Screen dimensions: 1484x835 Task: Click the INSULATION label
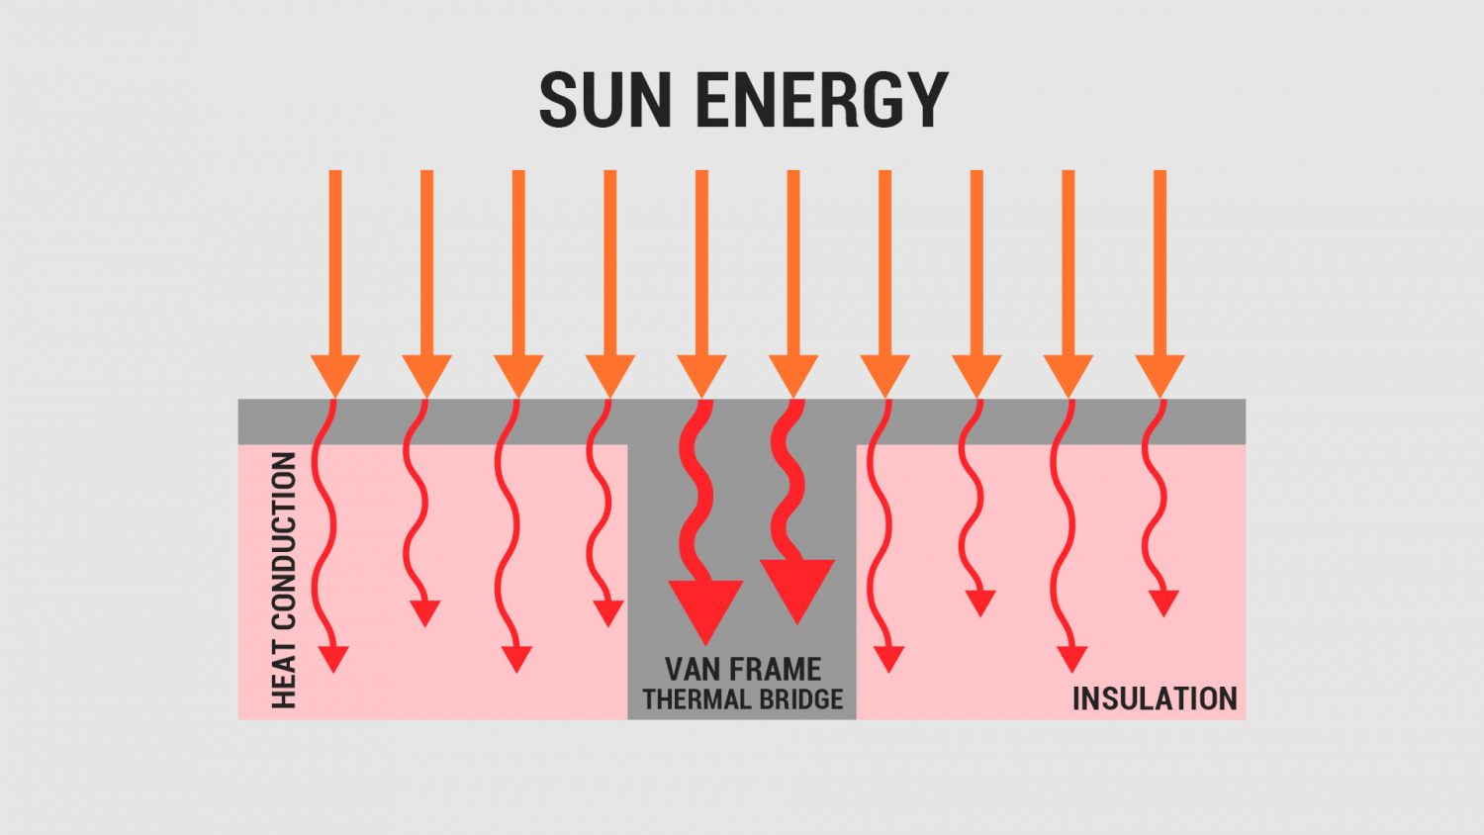[x=1155, y=699]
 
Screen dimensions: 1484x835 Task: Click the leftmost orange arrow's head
[x=335, y=374]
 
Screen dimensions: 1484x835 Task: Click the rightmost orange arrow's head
[x=1160, y=374]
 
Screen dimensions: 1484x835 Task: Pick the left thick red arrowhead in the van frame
[x=705, y=609]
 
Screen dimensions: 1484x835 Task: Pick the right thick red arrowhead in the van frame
[x=797, y=590]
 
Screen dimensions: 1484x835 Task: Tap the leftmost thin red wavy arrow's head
[x=334, y=659]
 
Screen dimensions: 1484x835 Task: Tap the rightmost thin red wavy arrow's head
[x=1163, y=603]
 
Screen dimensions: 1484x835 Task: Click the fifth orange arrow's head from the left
[x=701, y=374]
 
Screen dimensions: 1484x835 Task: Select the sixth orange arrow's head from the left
[x=793, y=374]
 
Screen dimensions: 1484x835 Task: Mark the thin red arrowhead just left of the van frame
[x=608, y=613]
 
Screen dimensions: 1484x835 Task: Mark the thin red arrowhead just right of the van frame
[x=889, y=659]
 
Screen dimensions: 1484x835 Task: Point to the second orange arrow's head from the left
[x=426, y=374]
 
